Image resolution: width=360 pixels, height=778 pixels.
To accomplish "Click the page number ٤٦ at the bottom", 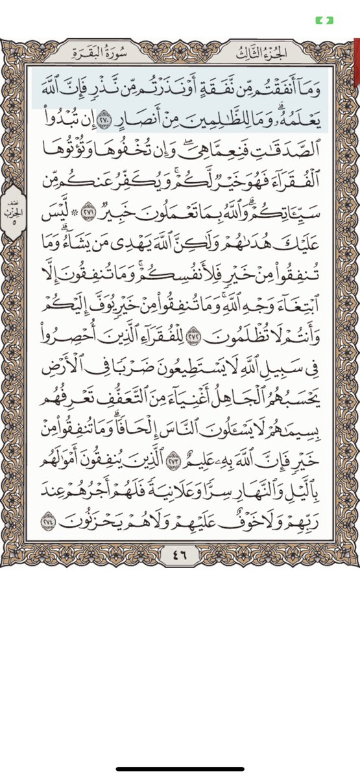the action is click(x=181, y=554).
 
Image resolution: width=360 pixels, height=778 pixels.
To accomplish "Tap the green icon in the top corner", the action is click(x=324, y=21).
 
